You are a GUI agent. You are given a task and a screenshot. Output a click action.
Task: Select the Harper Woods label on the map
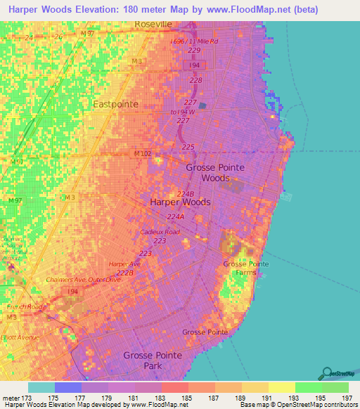click(x=180, y=202)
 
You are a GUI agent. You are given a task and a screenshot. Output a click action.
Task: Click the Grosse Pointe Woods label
click(x=217, y=173)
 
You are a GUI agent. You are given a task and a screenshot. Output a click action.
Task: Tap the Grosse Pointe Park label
click(x=152, y=361)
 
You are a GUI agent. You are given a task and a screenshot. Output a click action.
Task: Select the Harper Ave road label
click(x=124, y=264)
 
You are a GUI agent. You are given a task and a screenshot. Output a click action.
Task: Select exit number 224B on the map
click(x=185, y=194)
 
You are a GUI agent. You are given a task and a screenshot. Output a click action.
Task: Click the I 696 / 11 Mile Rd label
click(x=195, y=41)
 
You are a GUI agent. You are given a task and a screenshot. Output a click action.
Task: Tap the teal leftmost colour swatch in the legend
click(x=41, y=387)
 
